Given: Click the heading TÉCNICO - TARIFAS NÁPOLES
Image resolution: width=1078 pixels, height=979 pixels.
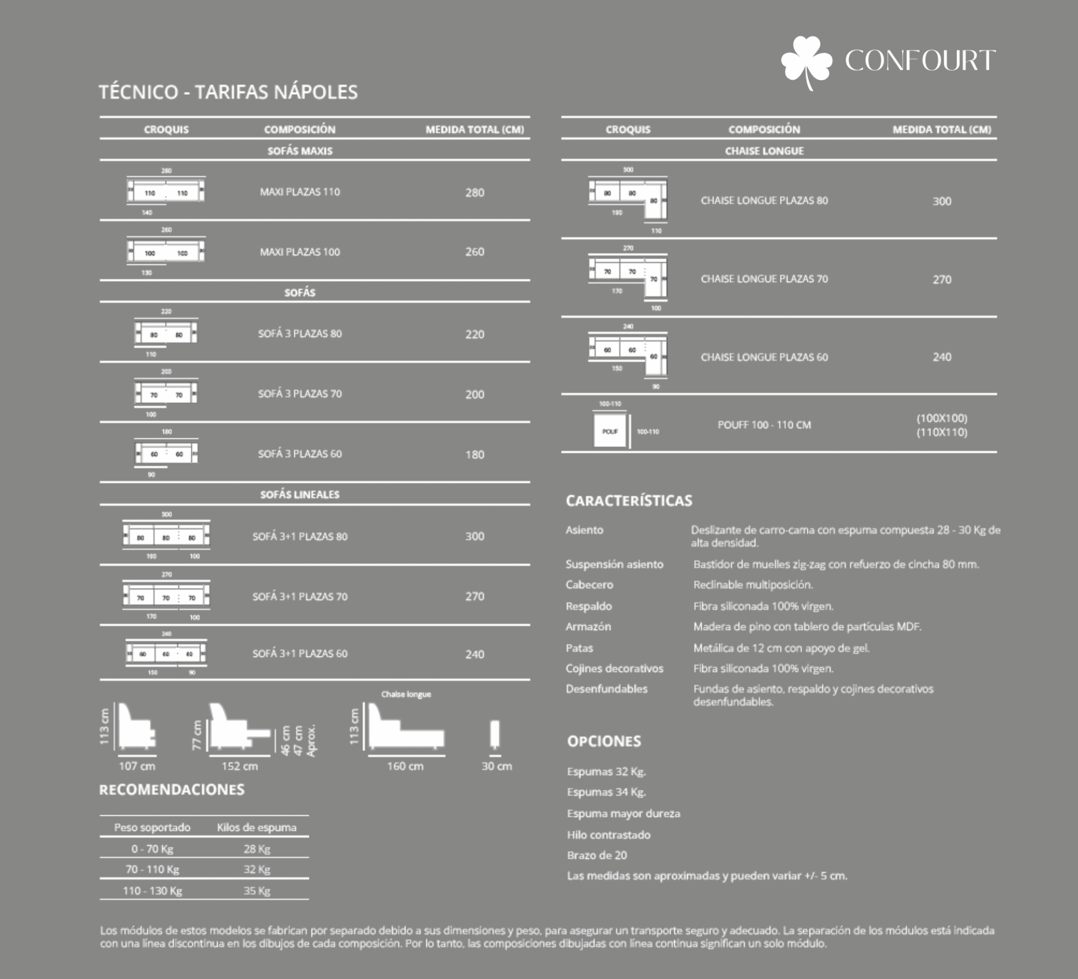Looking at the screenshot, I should click(228, 92).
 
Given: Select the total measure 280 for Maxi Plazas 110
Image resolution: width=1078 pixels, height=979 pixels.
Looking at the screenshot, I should click(474, 192).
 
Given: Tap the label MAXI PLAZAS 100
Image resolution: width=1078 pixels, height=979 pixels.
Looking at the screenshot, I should click(300, 252).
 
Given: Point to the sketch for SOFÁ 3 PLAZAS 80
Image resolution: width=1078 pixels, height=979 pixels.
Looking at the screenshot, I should click(166, 333).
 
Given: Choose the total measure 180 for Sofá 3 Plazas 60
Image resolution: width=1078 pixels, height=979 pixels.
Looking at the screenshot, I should click(474, 454).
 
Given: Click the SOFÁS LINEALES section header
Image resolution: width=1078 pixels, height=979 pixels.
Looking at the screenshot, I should click(300, 494).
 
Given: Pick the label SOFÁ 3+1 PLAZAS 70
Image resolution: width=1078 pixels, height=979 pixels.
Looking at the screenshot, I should click(300, 596).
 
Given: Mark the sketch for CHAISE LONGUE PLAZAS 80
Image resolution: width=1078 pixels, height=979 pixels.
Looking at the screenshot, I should click(628, 200).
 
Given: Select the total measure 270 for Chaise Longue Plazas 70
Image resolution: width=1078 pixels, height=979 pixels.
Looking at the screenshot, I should click(942, 279).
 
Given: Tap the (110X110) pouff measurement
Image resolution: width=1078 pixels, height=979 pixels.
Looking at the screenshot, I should click(942, 433).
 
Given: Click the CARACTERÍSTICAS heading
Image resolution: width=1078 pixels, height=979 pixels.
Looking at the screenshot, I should click(629, 500).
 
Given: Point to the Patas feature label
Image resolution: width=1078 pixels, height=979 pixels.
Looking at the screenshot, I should click(579, 648).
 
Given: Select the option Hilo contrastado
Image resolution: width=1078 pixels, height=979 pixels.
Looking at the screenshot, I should click(609, 835).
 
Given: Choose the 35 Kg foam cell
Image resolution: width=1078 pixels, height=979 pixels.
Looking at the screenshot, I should click(257, 891).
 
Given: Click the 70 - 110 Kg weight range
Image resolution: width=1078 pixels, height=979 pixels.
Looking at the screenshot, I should click(152, 870).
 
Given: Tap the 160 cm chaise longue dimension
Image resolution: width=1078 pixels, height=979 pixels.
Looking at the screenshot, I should click(405, 766).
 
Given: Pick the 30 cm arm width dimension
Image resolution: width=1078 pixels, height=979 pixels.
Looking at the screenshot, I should click(496, 766).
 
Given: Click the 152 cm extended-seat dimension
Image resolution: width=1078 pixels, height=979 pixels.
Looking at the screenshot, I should click(240, 766).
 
